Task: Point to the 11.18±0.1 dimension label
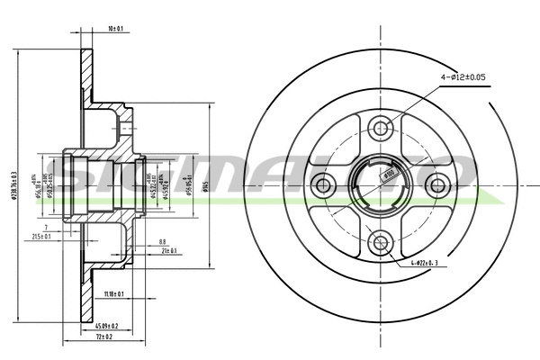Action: [x=114, y=294]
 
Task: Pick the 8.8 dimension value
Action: [x=162, y=240]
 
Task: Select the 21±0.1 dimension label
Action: [x=168, y=250]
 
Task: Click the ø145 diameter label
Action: [x=206, y=185]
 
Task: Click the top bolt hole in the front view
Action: [x=381, y=129]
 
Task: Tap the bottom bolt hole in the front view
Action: [x=381, y=241]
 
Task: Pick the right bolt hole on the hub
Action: [x=438, y=185]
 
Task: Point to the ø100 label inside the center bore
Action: [x=388, y=173]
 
